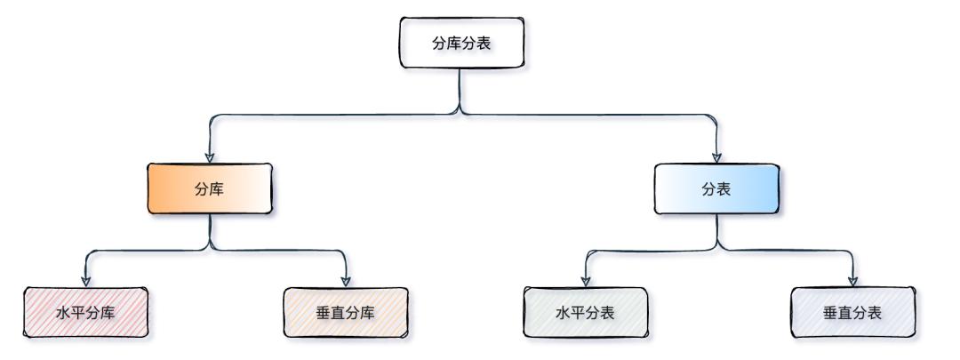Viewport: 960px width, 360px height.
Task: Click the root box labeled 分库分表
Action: (460, 43)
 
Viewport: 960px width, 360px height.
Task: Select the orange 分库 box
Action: (209, 189)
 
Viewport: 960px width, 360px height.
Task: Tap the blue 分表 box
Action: (716, 189)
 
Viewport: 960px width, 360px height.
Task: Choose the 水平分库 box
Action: (84, 312)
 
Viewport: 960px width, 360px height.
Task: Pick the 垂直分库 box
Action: (345, 312)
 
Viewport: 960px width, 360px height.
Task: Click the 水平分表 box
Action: (585, 312)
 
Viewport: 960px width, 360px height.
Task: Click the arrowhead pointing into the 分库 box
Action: (209, 156)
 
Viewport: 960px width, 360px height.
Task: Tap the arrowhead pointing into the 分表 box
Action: (716, 156)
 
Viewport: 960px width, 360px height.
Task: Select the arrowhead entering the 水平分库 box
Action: (85, 280)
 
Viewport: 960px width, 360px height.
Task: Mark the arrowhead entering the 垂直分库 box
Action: (345, 280)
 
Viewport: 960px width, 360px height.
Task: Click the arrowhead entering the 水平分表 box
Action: (585, 280)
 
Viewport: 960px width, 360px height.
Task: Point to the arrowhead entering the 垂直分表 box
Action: (853, 280)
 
